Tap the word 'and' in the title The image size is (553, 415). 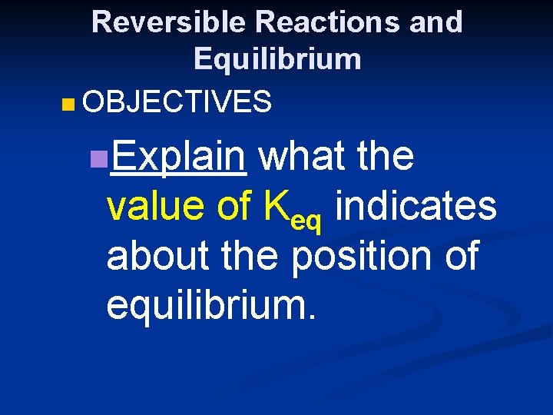(436, 23)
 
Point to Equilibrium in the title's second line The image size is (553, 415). (277, 59)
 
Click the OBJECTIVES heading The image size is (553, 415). (177, 101)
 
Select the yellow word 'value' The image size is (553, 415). (157, 207)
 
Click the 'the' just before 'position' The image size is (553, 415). (248, 255)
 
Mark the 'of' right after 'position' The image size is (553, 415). (457, 255)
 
